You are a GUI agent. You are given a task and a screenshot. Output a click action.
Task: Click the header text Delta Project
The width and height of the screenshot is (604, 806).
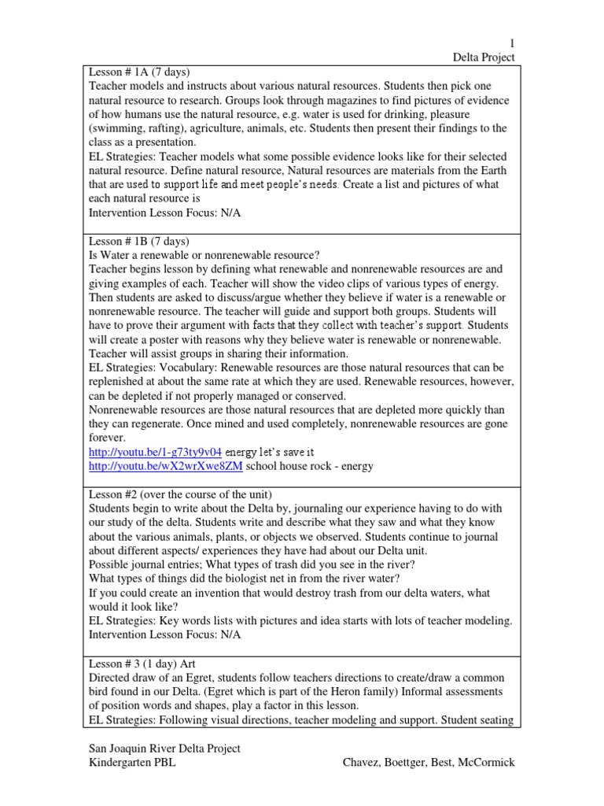(x=484, y=57)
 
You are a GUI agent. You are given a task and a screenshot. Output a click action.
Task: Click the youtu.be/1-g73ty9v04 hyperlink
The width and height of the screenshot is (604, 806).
(x=155, y=453)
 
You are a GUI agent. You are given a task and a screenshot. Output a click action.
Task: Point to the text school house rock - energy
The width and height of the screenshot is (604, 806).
(x=310, y=467)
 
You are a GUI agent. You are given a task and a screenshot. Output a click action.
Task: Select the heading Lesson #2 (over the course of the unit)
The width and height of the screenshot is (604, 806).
(x=180, y=494)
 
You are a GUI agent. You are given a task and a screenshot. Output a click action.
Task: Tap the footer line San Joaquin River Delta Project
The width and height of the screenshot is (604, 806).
(x=164, y=748)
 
